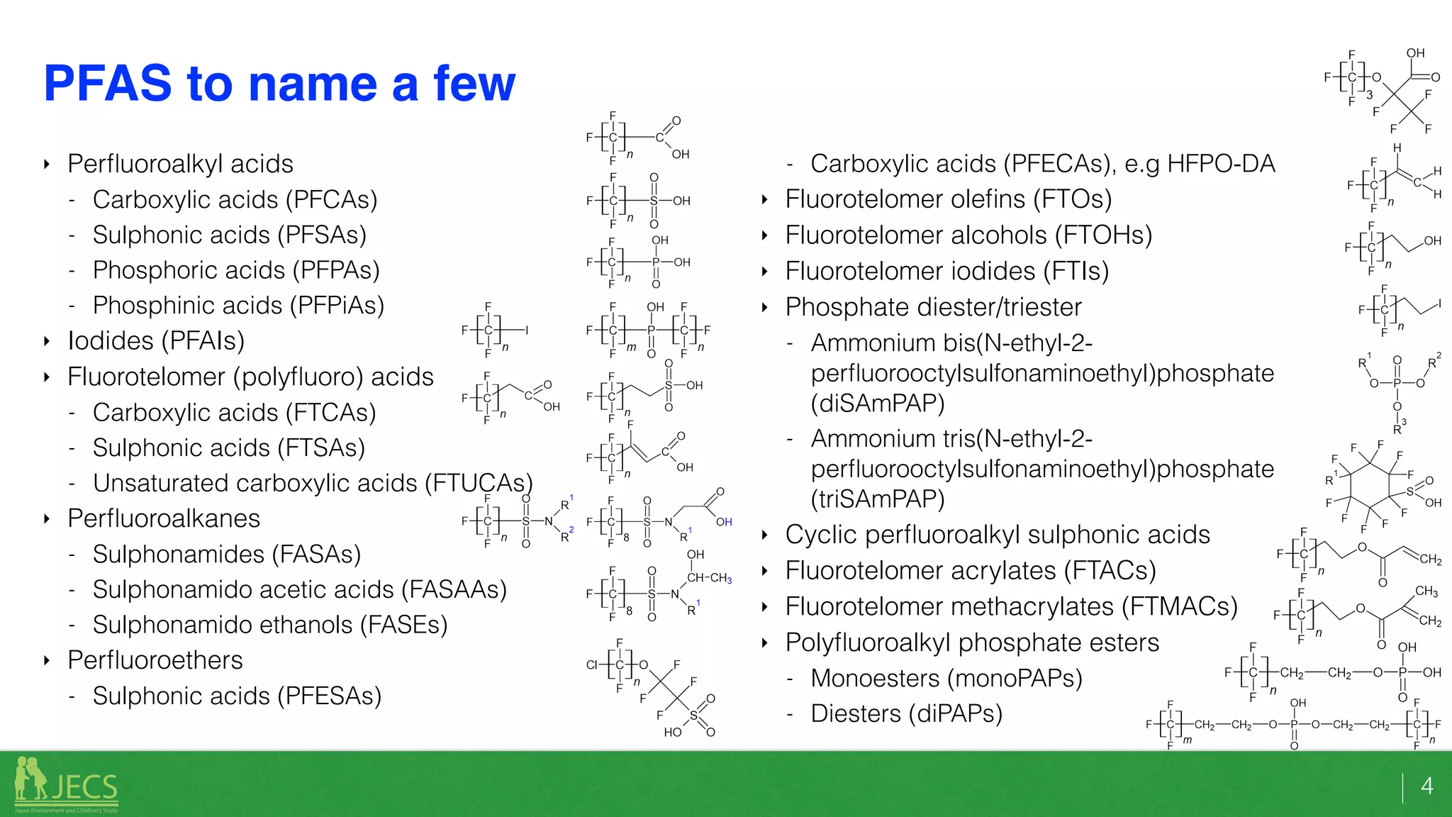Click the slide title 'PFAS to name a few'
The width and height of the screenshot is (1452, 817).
(x=279, y=84)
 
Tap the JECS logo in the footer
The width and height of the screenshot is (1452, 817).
(x=67, y=785)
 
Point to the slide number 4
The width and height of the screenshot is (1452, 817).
(x=1426, y=786)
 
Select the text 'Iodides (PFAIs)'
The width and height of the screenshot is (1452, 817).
(x=156, y=341)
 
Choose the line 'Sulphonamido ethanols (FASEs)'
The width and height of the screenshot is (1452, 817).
(x=270, y=625)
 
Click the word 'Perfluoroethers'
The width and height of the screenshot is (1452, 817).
(x=155, y=660)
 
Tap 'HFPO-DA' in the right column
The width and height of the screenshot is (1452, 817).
(x=1221, y=164)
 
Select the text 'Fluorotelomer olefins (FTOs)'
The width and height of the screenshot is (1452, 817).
(x=949, y=199)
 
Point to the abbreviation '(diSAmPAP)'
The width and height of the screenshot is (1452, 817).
(x=878, y=403)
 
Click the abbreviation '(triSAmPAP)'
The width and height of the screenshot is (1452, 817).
(x=878, y=499)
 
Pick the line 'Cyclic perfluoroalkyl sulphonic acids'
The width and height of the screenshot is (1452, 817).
(x=998, y=535)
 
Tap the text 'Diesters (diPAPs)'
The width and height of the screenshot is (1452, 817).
(x=906, y=713)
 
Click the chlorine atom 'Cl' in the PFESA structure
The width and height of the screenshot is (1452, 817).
(x=592, y=665)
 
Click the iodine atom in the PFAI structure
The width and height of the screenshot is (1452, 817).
(x=527, y=330)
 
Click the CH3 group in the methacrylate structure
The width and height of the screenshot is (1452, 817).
(x=1426, y=591)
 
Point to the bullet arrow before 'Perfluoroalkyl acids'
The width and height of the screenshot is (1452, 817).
(x=47, y=165)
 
